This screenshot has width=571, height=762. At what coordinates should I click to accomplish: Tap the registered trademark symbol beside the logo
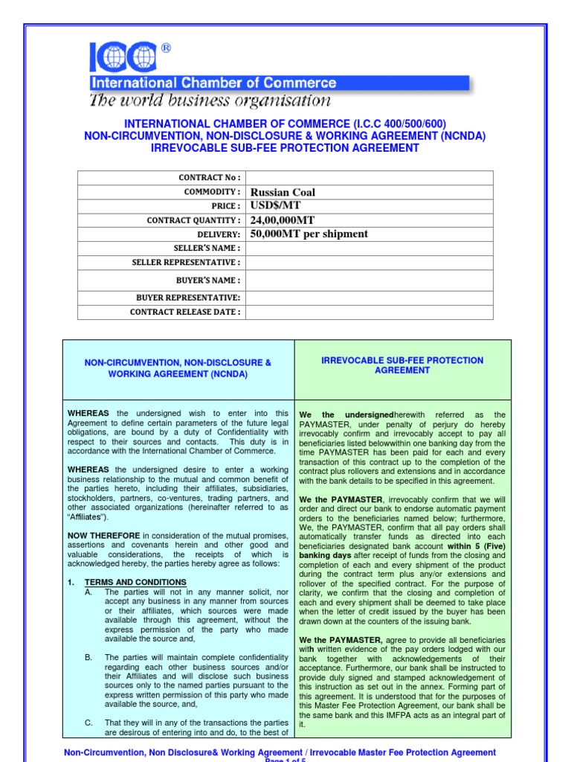(165, 48)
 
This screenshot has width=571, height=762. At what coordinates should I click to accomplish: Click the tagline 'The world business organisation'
(210, 100)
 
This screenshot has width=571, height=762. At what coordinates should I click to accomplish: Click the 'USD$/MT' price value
(275, 205)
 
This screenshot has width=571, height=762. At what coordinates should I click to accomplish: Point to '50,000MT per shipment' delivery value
(309, 234)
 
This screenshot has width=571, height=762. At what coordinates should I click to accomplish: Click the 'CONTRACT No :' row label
(210, 177)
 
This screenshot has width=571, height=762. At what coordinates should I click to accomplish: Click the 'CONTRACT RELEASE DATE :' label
(185, 312)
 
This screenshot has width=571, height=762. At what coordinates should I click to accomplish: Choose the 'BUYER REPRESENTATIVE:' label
(188, 297)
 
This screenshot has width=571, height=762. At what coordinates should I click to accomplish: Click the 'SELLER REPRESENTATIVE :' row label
(186, 262)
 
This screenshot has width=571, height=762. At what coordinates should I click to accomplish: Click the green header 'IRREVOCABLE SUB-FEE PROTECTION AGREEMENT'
(402, 365)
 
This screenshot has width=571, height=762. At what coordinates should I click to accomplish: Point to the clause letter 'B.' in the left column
(88, 657)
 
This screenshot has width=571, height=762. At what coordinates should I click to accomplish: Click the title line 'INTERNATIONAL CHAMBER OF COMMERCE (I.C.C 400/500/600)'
(285, 124)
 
